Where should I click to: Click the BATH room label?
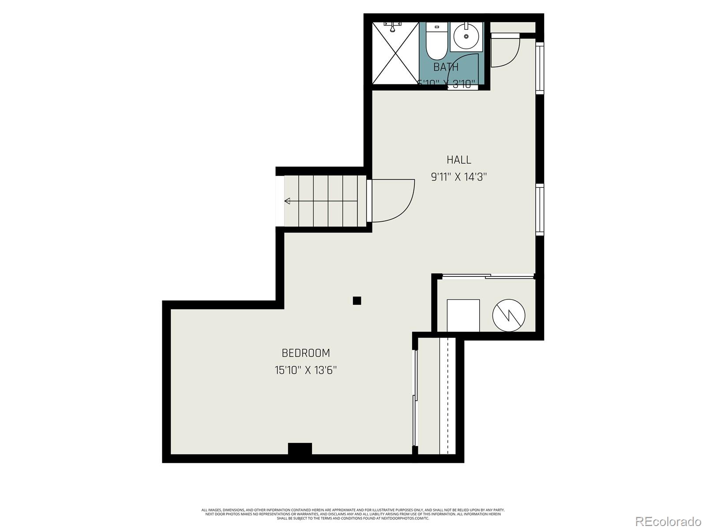click(x=446, y=67)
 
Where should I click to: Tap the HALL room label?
click(x=459, y=159)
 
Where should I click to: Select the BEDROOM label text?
click(x=306, y=353)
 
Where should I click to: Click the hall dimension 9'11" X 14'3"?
click(x=459, y=177)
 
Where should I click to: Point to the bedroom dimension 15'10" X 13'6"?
click(x=306, y=370)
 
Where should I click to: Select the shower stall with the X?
click(x=395, y=53)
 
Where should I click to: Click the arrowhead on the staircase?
click(x=287, y=201)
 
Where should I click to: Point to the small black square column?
click(x=357, y=301)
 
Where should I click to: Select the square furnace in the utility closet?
click(x=463, y=315)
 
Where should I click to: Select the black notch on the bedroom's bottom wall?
click(x=300, y=448)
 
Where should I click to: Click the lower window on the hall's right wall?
click(x=539, y=208)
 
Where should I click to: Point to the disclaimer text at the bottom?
click(x=353, y=514)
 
